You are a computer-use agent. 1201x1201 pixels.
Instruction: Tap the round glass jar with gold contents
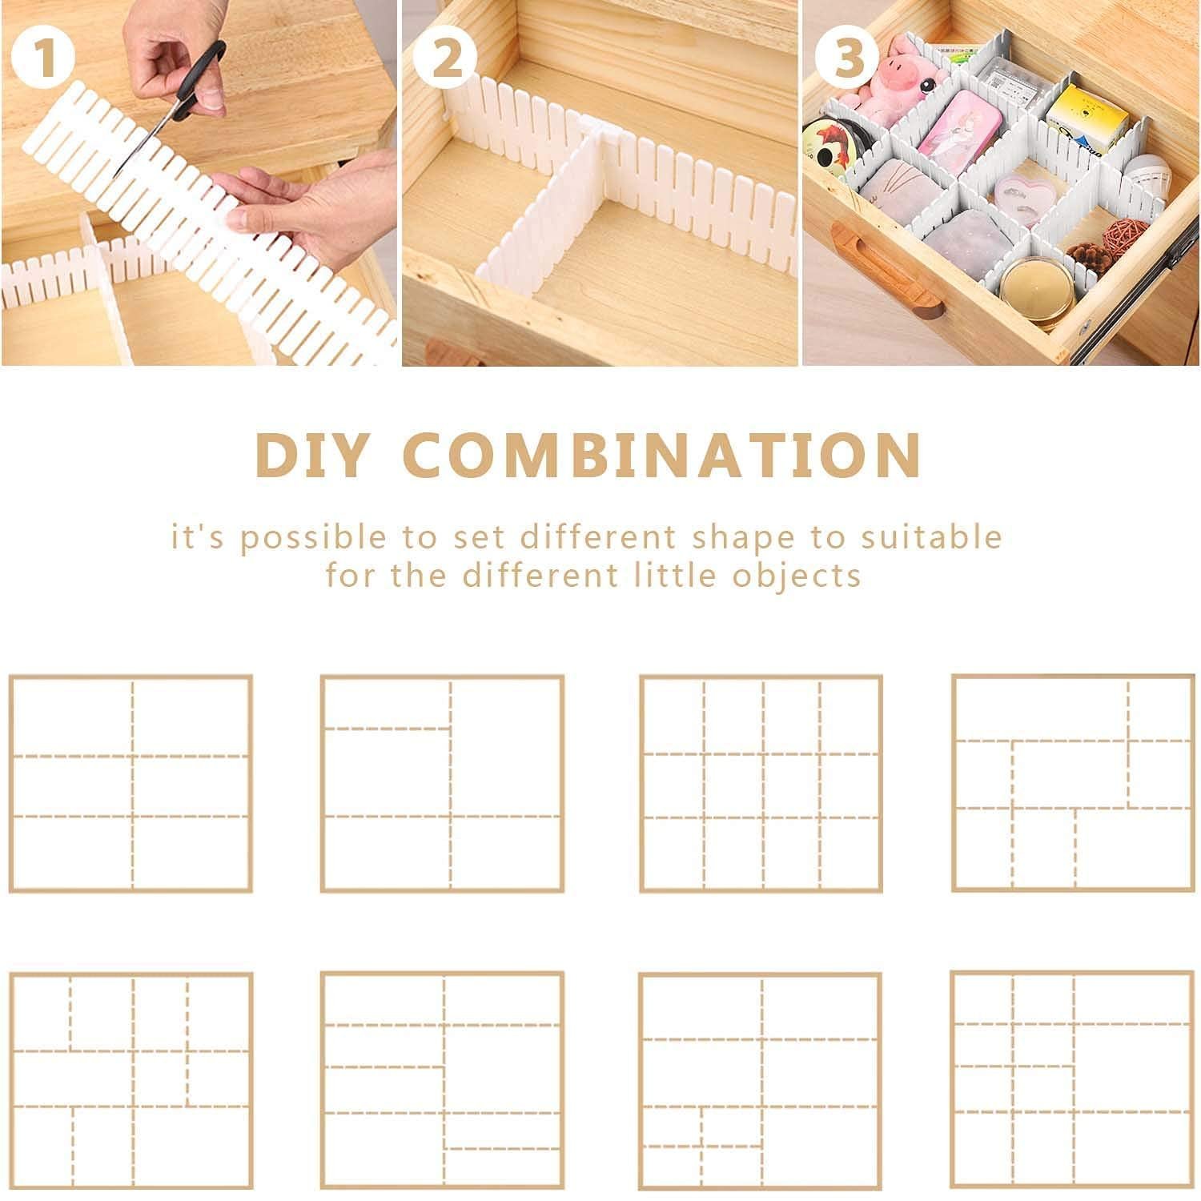[1038, 290]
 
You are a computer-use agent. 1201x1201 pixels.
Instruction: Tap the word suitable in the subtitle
[931, 536]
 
